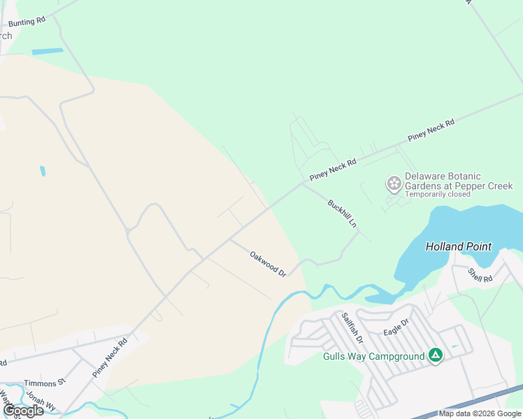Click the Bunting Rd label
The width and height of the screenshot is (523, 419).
(x=27, y=22)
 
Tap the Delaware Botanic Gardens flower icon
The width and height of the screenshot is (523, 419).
(x=394, y=184)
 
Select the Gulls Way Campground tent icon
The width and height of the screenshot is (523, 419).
(x=435, y=355)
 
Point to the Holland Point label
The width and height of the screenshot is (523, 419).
(x=459, y=247)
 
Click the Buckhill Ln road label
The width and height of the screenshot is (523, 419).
(x=343, y=215)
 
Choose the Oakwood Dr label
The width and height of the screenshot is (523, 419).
(x=268, y=264)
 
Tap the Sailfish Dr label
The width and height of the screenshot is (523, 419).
(x=352, y=328)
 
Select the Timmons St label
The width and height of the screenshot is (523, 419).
(x=44, y=383)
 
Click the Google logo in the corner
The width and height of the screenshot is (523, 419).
(x=23, y=411)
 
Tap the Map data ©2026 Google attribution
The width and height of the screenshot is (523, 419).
(x=480, y=413)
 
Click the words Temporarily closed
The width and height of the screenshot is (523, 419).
(x=437, y=194)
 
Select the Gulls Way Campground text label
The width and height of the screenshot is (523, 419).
(x=373, y=356)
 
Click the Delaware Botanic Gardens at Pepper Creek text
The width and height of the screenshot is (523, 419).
(x=459, y=181)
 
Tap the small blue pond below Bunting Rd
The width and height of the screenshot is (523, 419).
(x=47, y=51)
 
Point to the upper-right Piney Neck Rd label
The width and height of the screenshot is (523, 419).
(x=431, y=129)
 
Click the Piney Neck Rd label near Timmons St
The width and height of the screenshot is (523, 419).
(x=110, y=358)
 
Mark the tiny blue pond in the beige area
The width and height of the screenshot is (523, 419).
(x=43, y=171)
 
